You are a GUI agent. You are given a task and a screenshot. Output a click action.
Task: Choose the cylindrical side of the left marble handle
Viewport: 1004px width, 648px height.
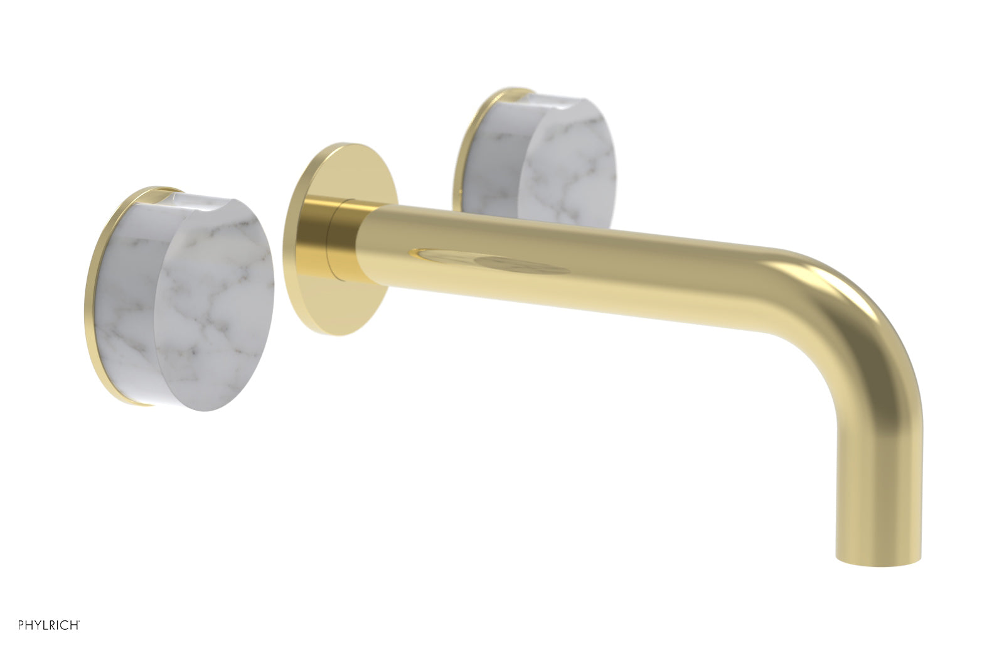pyautogui.click(x=129, y=301)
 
